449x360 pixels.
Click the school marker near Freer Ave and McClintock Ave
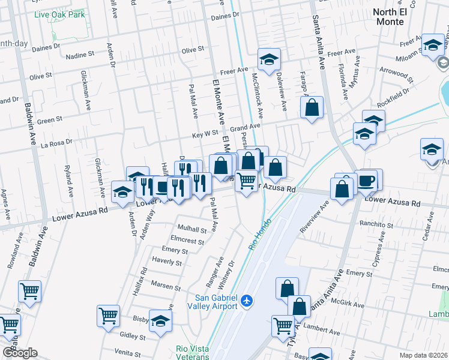269,59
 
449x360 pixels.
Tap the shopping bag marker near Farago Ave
312,108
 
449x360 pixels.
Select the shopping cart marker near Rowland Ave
29,292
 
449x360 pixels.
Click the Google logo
20,353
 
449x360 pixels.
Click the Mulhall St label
192,229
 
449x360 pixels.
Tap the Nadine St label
80,54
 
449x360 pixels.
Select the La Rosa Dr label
56,143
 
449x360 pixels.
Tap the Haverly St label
167,262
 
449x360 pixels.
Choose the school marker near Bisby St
160,320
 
